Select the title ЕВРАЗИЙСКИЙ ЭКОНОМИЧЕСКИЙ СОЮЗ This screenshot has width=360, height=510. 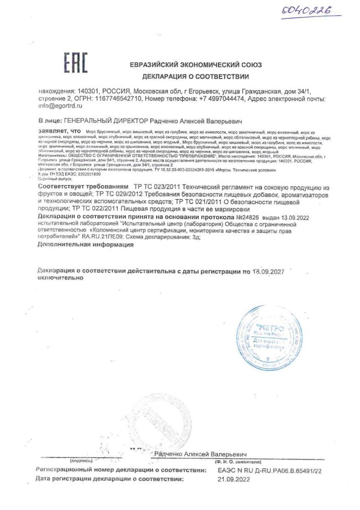point(196,65)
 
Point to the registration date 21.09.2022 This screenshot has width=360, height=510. point(233,480)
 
